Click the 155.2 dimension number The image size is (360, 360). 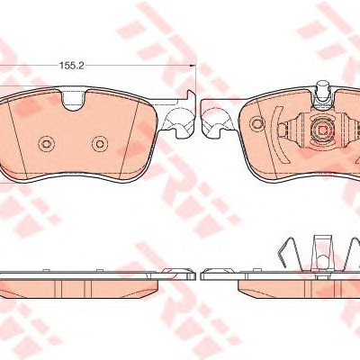pyautogui.click(x=71, y=66)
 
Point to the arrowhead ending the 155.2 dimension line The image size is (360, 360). pyautogui.click(x=193, y=65)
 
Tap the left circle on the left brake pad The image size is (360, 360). pyautogui.click(x=46, y=144)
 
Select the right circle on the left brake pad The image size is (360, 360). pyautogui.click(x=99, y=144)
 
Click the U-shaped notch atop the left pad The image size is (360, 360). pyautogui.click(x=75, y=100)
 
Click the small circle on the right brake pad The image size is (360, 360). pyautogui.click(x=257, y=123)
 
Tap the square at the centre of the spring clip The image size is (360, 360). pyautogui.click(x=322, y=130)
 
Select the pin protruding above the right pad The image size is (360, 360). pyautogui.click(x=323, y=87)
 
